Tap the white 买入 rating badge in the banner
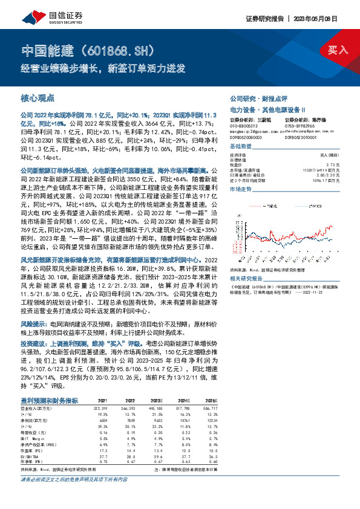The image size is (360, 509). (x=338, y=50)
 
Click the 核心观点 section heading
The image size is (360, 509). (x=38, y=97)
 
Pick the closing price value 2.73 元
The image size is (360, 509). (x=334, y=164)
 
